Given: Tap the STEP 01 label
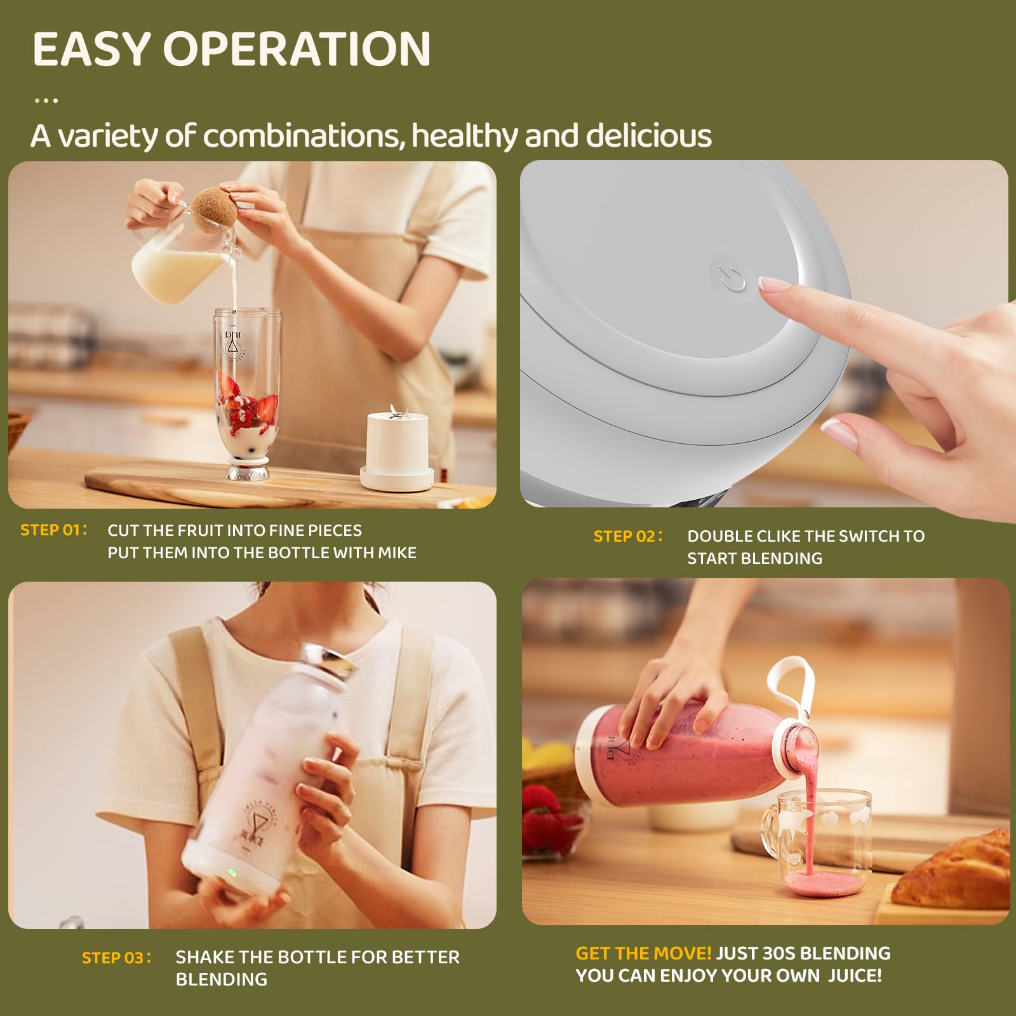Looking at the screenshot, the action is click(x=53, y=530).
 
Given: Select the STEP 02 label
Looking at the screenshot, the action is click(x=628, y=536).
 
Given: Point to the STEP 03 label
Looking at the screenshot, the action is click(x=116, y=958).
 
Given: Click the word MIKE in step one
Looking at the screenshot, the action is click(x=397, y=552).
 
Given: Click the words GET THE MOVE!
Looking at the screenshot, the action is click(x=643, y=953).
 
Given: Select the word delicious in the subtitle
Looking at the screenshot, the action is click(x=649, y=135).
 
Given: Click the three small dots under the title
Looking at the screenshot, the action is click(x=46, y=100).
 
